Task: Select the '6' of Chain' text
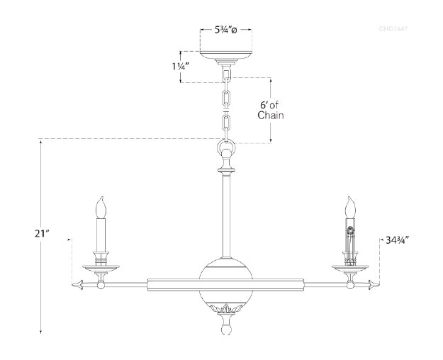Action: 271,109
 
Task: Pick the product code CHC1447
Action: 393,29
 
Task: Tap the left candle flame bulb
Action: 101,208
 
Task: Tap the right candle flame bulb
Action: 349,208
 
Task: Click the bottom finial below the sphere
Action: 225,328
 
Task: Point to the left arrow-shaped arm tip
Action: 78,285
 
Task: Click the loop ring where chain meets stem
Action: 225,151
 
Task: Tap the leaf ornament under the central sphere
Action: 225,309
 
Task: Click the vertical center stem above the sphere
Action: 225,213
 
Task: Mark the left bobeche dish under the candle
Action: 101,267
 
